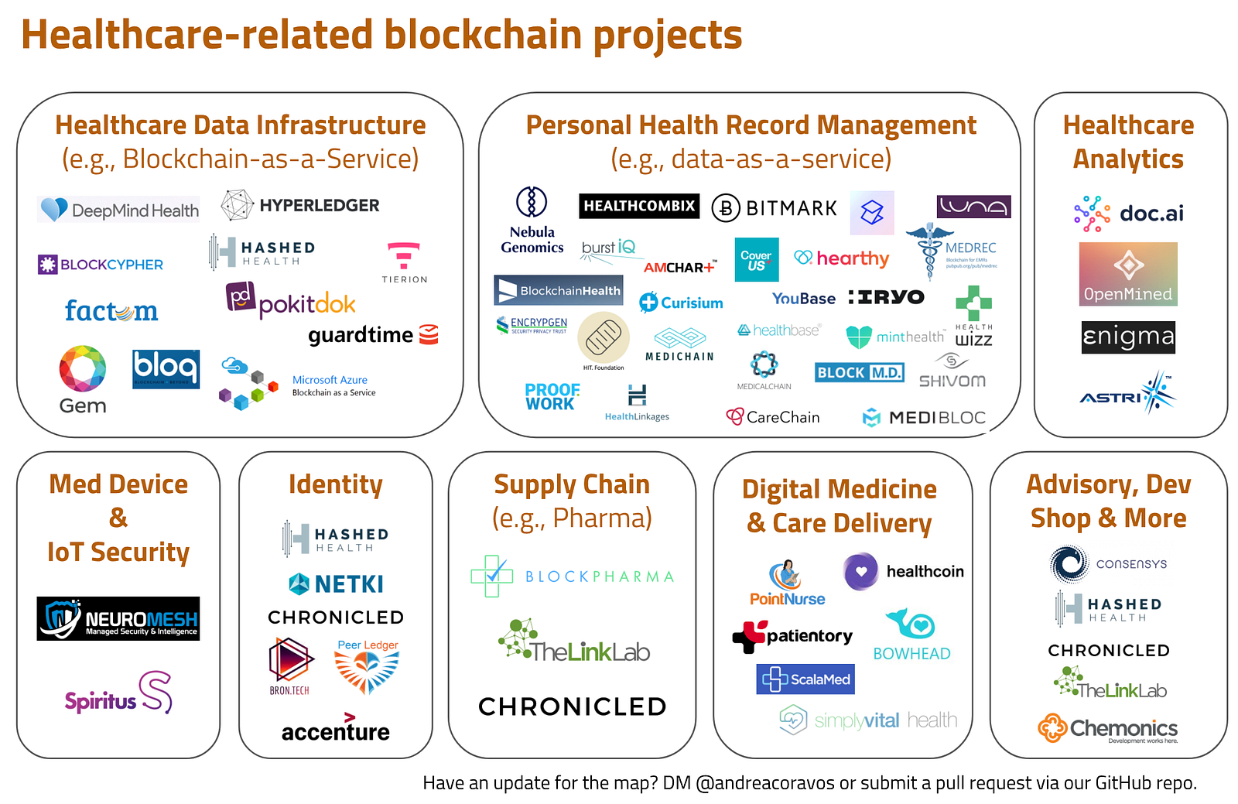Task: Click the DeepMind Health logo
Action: pos(118,210)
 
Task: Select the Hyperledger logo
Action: pos(300,205)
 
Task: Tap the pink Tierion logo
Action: pos(404,262)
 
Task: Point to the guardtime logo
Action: pos(373,335)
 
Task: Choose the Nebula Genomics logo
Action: pos(532,221)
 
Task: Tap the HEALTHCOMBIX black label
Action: pos(639,206)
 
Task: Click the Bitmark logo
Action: pos(775,208)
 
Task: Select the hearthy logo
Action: pos(842,258)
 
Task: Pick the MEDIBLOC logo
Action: pos(924,418)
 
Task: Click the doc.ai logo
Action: pos(1129,214)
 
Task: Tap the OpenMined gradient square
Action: pos(1128,274)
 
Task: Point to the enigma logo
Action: pos(1128,337)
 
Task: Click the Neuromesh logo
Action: pos(118,618)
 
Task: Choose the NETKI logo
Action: pos(336,584)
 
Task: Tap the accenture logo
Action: pos(336,730)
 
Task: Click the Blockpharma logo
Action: pos(573,576)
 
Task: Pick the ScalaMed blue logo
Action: pos(805,679)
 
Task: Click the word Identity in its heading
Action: pos(336,484)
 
